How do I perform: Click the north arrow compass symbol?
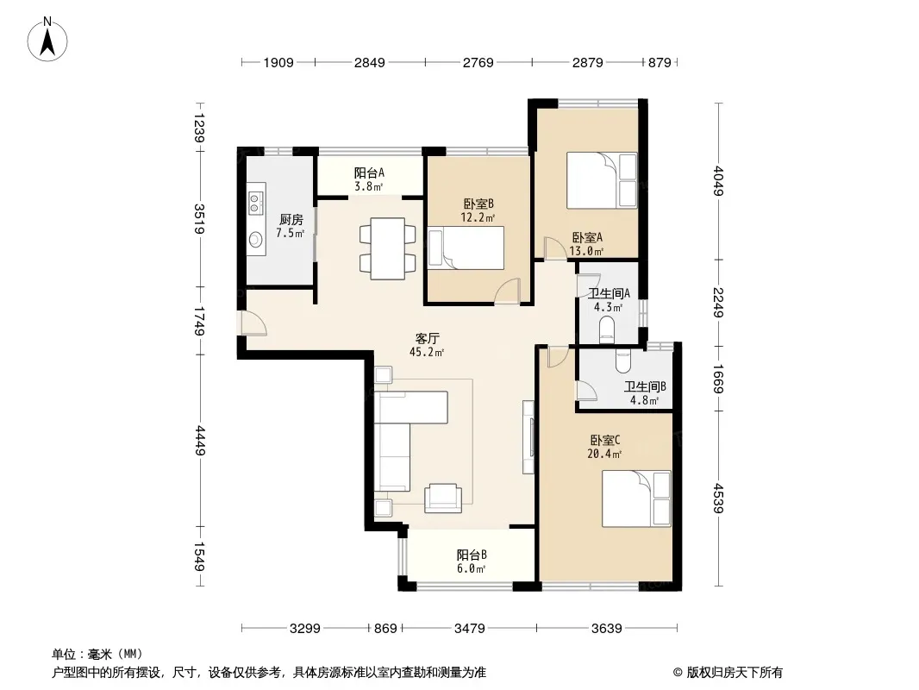(x=47, y=39)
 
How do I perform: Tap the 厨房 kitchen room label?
(x=291, y=219)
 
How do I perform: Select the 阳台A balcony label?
(x=369, y=173)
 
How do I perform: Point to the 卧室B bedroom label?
(x=478, y=204)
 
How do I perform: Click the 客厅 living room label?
(x=428, y=339)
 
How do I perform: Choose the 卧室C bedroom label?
(x=605, y=440)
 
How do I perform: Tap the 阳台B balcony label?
(x=472, y=555)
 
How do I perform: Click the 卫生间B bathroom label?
(x=645, y=387)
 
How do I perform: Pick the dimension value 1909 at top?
(x=278, y=62)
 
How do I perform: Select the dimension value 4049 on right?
(x=718, y=181)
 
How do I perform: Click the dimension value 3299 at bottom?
(x=305, y=629)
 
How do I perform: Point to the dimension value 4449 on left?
(x=200, y=441)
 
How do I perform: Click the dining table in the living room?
(x=387, y=248)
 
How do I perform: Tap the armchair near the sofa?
(x=442, y=498)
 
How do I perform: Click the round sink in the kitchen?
(x=255, y=239)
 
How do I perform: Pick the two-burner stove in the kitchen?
(x=255, y=203)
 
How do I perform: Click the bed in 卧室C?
(x=636, y=499)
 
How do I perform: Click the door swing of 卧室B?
(x=507, y=291)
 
